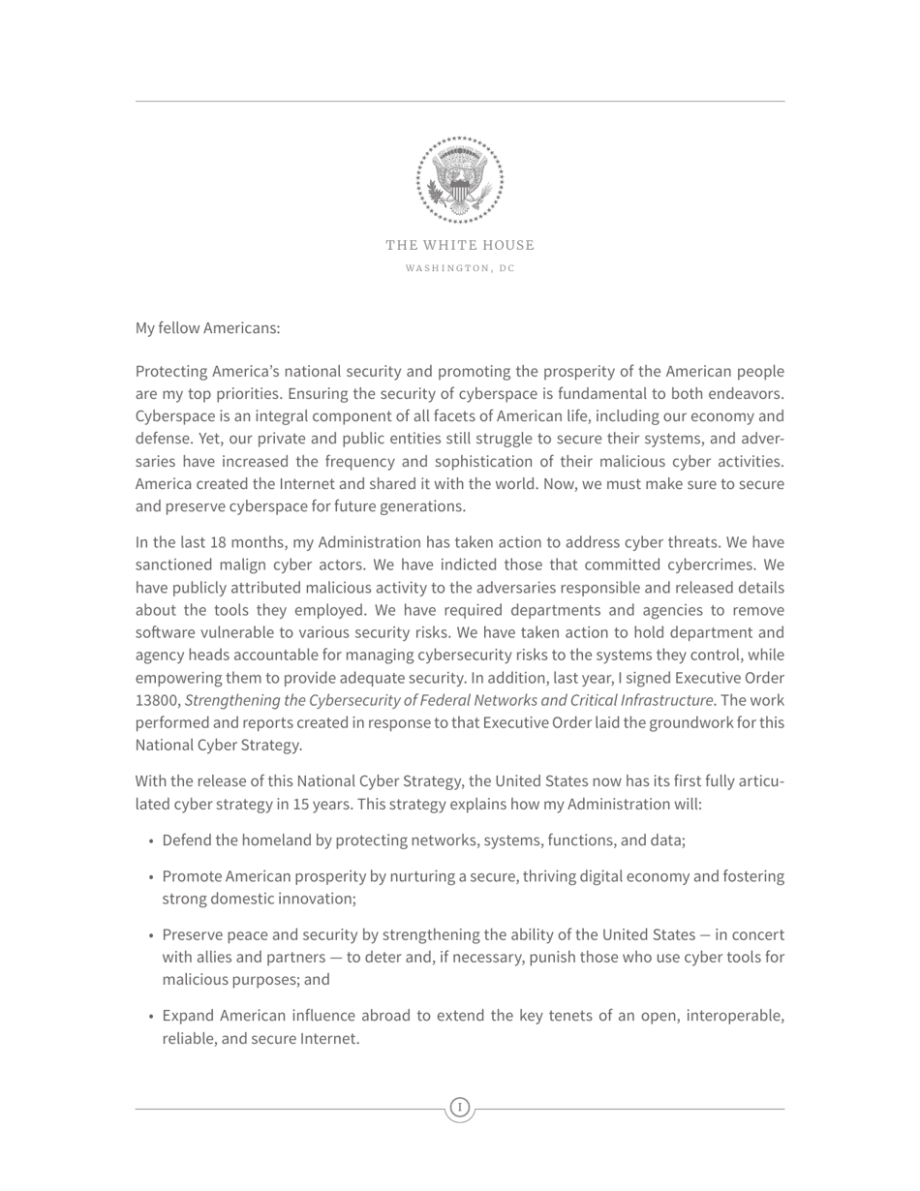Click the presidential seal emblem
pyautogui.click(x=460, y=180)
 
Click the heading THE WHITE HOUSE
pyautogui.click(x=460, y=245)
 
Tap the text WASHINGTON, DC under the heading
pyautogui.click(x=460, y=268)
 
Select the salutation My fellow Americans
pyautogui.click(x=207, y=328)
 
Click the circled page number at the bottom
pyautogui.click(x=460, y=1107)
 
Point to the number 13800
pyautogui.click(x=157, y=700)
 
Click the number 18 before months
pyautogui.click(x=218, y=542)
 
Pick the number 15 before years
pyautogui.click(x=301, y=804)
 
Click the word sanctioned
pyautogui.click(x=175, y=565)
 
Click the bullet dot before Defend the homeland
pyautogui.click(x=152, y=840)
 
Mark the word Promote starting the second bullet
pyautogui.click(x=192, y=876)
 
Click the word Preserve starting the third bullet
pyautogui.click(x=193, y=934)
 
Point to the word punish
pyautogui.click(x=543, y=957)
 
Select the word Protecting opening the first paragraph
pyautogui.click(x=171, y=372)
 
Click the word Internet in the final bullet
pyautogui.click(x=329, y=1038)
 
